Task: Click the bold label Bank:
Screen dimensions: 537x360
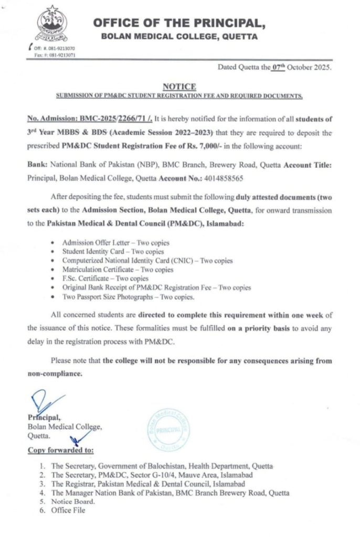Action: [x=37, y=164]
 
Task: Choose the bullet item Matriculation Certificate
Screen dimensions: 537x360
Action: [x=117, y=270]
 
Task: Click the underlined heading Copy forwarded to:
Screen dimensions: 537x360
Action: [x=60, y=450]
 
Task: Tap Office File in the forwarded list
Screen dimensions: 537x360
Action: [x=68, y=510]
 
